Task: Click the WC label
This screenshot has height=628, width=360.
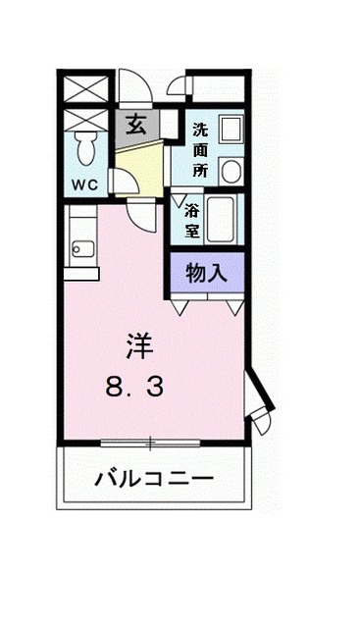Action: coord(82,183)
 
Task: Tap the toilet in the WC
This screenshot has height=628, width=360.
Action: coord(84,149)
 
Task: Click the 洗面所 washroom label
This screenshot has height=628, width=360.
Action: coord(201,148)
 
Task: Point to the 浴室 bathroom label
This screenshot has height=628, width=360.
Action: coord(191,221)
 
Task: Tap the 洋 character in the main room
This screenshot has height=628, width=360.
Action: coord(138,345)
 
